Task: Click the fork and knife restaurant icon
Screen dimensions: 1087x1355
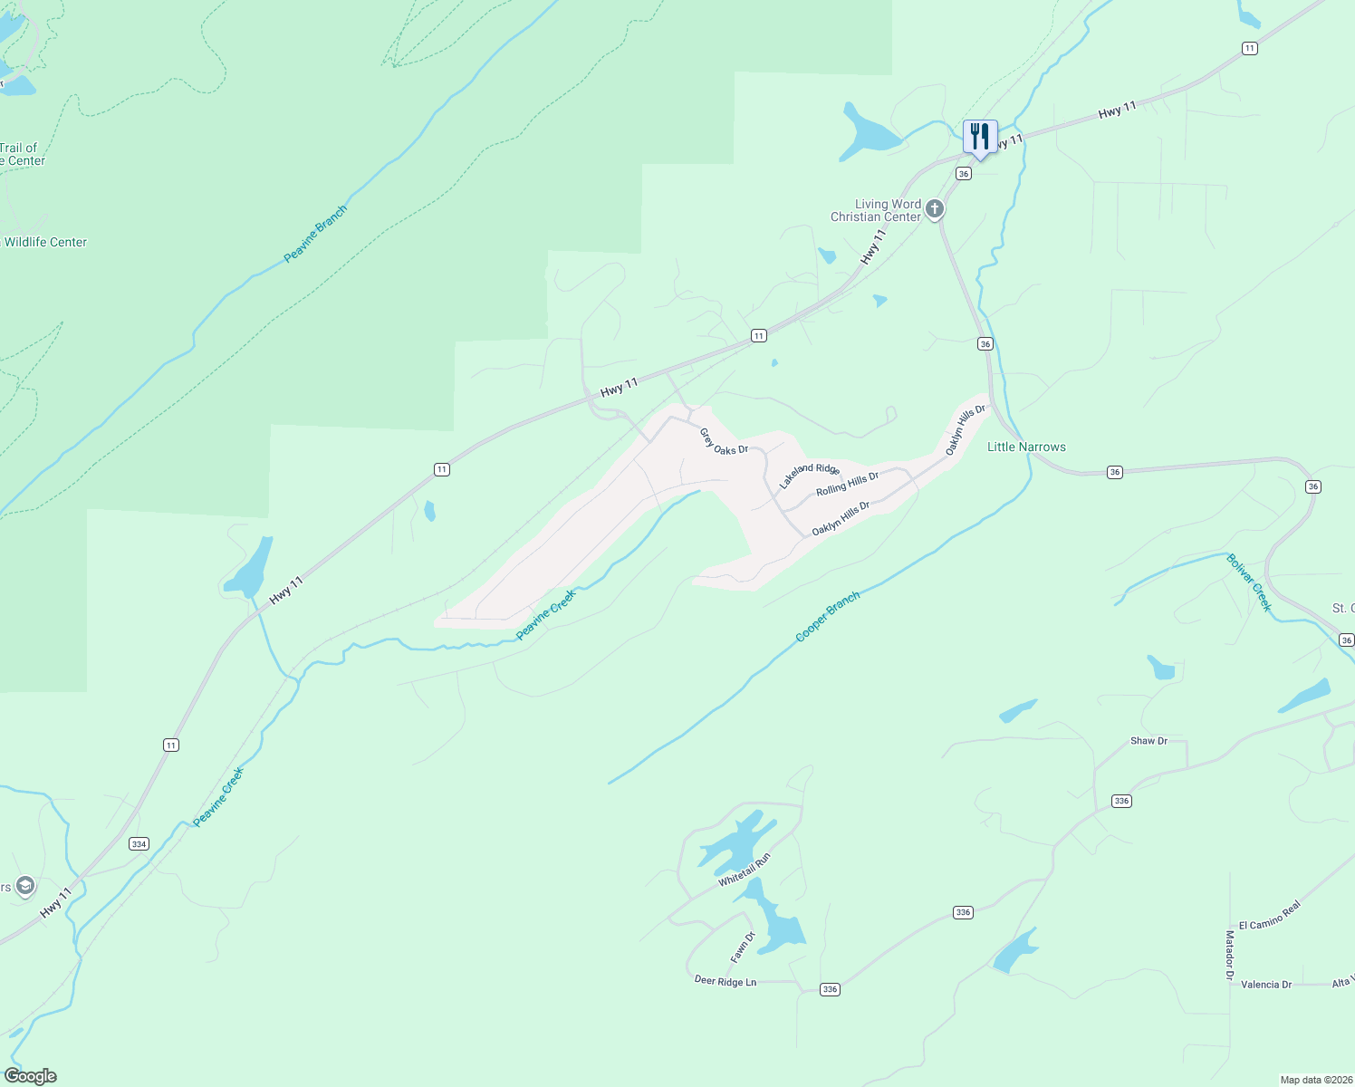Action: tap(979, 138)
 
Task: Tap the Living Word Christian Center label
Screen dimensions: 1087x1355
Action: tap(876, 210)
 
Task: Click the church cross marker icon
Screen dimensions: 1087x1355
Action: tap(935, 210)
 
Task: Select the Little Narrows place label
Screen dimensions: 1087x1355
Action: tap(1026, 447)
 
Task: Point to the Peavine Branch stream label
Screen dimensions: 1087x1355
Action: tap(315, 235)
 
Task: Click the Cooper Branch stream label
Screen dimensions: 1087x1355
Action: tap(827, 617)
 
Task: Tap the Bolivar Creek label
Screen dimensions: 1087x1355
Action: tap(1249, 582)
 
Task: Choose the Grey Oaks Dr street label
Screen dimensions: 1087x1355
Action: tap(724, 441)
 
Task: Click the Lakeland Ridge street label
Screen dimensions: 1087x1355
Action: tap(810, 476)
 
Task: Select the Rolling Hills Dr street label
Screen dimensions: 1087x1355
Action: tap(847, 484)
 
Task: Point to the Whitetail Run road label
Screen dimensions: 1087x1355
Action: tap(745, 870)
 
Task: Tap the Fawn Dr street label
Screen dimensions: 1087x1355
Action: tap(743, 947)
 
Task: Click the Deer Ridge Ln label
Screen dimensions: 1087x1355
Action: tap(725, 981)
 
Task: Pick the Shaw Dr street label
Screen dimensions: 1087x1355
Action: tap(1148, 741)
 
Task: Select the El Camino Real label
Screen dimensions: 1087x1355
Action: tap(1270, 915)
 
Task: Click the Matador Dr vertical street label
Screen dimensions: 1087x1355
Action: tap(1229, 955)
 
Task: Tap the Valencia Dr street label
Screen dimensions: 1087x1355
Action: tap(1266, 985)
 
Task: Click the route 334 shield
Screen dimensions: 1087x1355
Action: tap(139, 844)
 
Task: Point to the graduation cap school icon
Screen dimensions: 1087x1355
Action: tap(25, 886)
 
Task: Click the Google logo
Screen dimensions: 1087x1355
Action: tap(30, 1076)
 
